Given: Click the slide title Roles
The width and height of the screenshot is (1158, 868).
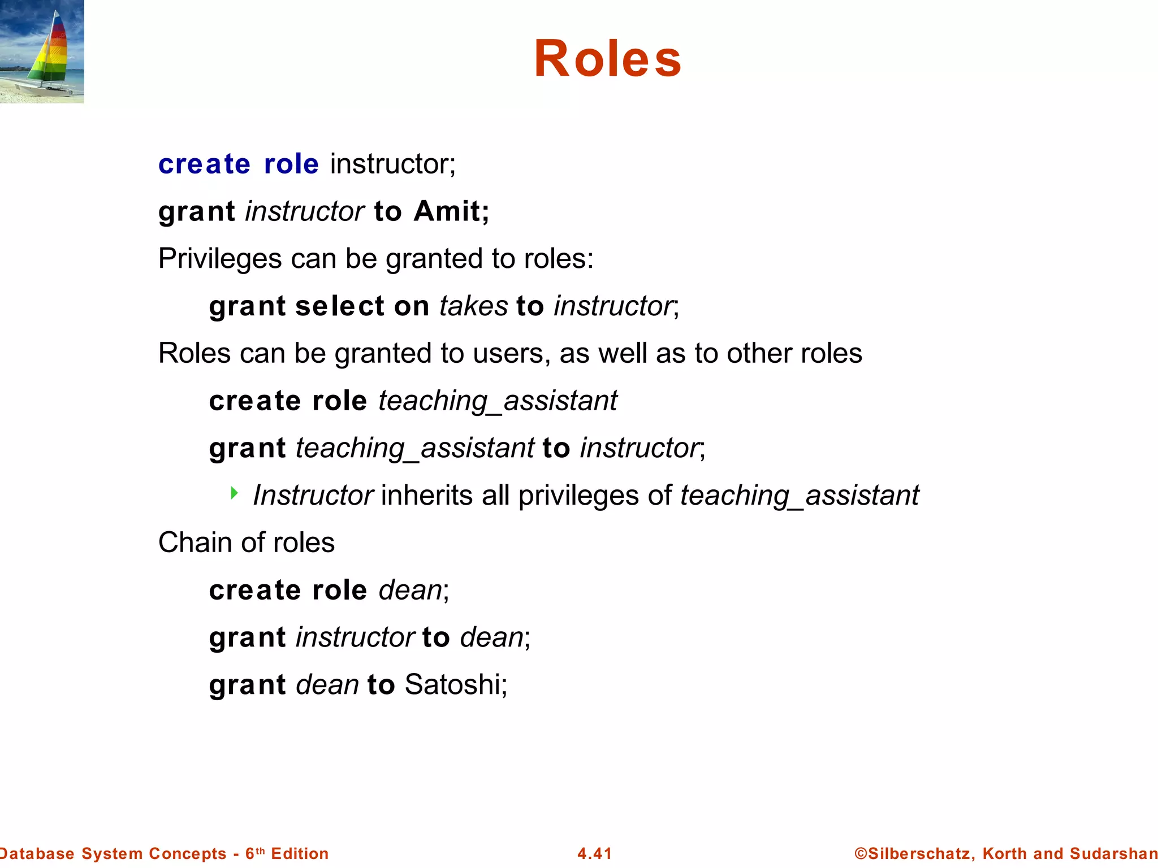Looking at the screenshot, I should (608, 59).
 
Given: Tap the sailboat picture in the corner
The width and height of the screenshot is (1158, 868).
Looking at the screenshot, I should (42, 51).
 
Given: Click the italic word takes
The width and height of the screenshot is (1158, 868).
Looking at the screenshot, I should (473, 306).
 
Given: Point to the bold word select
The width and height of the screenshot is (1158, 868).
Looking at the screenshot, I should (339, 306).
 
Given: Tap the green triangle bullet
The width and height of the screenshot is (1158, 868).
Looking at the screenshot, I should (234, 493).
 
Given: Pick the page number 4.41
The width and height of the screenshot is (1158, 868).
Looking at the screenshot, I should (594, 853).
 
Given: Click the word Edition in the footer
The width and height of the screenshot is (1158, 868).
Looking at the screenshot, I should (300, 853).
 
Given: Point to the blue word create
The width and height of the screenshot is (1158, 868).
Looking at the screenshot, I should (204, 164).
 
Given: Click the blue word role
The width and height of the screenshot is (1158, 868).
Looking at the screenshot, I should (291, 164).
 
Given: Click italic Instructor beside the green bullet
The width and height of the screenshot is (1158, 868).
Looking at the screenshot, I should (313, 496).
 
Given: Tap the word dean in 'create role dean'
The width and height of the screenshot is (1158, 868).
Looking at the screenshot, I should (410, 591).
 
